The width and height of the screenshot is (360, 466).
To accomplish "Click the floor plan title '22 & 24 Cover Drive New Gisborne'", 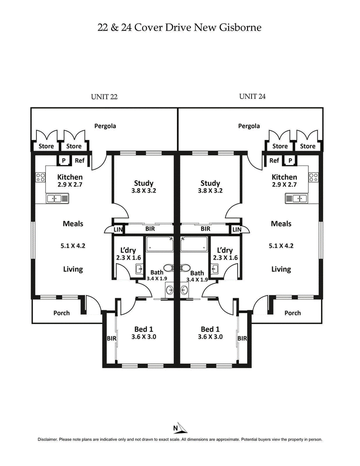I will pyautogui.click(x=180, y=28).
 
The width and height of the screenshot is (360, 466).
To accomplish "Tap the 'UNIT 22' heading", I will pyautogui.click(x=104, y=96).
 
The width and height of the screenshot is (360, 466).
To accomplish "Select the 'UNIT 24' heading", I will pyautogui.click(x=253, y=96).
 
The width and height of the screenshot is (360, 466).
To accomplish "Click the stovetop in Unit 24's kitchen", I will pyautogui.click(x=314, y=177).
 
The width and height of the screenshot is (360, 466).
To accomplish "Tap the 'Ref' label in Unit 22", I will pyautogui.click(x=80, y=161).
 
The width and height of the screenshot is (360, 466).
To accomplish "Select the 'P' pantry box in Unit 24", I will pyautogui.click(x=290, y=161).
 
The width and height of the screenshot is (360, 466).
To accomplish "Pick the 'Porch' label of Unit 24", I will pyautogui.click(x=292, y=313).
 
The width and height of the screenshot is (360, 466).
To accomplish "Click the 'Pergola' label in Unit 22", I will pyautogui.click(x=105, y=126).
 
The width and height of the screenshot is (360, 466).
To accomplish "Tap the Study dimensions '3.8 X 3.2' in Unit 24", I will pyautogui.click(x=210, y=191).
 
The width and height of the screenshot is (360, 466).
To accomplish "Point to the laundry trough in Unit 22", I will pyautogui.click(x=139, y=269).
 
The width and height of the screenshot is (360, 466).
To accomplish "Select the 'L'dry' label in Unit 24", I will pyautogui.click(x=224, y=251).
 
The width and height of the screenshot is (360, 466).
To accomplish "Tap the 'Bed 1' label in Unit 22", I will pyautogui.click(x=144, y=329).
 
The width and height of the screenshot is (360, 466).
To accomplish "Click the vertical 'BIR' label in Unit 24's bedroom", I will pyautogui.click(x=242, y=338).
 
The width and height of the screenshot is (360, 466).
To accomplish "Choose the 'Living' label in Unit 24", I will pyautogui.click(x=281, y=269).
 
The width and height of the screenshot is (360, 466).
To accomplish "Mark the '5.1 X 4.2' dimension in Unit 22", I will pyautogui.click(x=73, y=246).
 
